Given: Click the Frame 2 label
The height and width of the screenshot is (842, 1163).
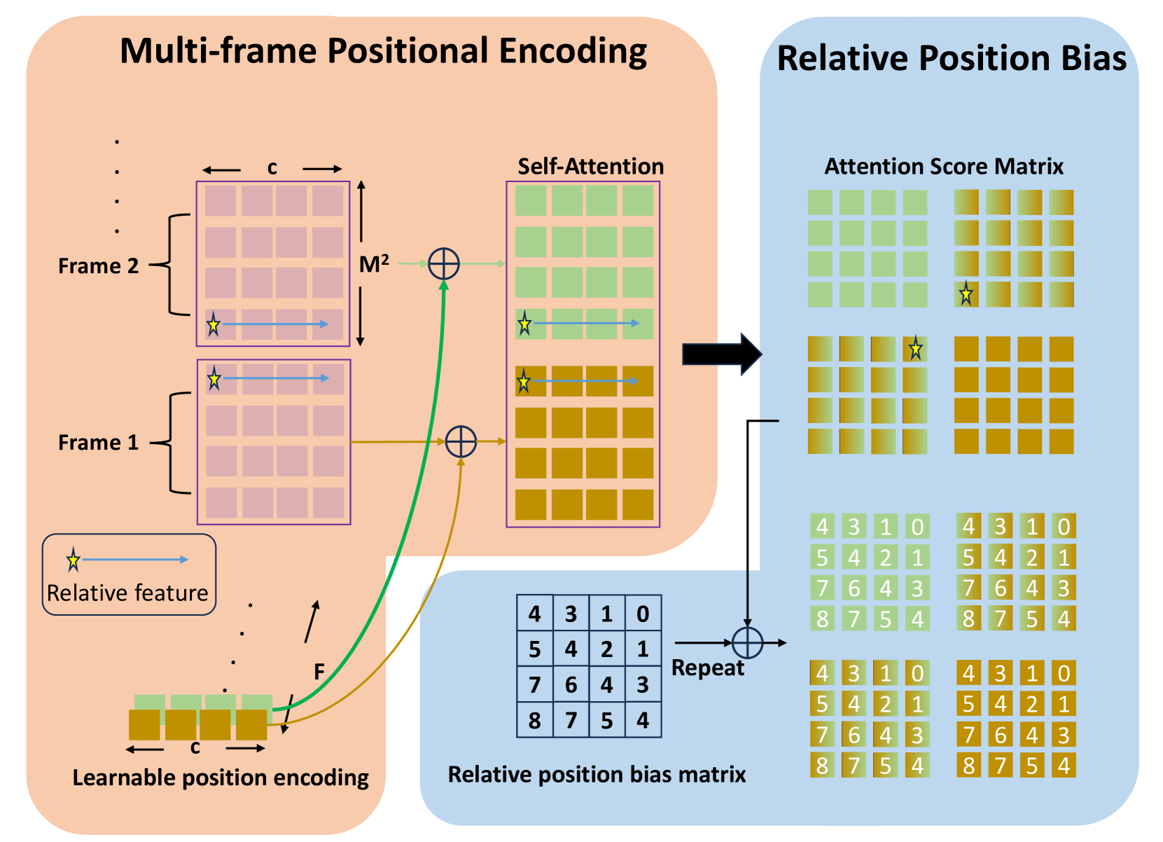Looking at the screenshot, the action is pos(98,266).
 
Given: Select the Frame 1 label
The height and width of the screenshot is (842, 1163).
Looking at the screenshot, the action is pos(98,443).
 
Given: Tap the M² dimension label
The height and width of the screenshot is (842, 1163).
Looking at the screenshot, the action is pos(374,264).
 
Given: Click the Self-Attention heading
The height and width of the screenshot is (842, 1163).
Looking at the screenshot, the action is pos(590,167).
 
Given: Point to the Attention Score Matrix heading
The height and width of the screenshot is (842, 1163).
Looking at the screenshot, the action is pos(943,167).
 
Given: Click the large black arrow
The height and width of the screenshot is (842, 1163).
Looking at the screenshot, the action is pos(722,354).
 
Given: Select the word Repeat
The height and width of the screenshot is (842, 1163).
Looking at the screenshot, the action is pos(707,668).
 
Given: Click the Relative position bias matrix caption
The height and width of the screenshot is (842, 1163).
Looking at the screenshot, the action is pos(597,775).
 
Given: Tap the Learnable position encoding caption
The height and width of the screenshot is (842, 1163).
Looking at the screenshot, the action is pos(221,778).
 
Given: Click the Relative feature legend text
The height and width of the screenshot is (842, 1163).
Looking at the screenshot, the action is pos(127,593).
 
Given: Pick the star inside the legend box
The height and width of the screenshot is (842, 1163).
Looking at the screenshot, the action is pos(74,560).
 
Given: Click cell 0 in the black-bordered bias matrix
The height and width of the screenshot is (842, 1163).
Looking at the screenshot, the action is pos(643,614).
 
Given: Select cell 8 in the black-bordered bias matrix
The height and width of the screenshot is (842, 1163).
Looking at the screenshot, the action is pos(535,720).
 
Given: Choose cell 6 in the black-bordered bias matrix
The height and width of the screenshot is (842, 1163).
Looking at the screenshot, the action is pos(571,685).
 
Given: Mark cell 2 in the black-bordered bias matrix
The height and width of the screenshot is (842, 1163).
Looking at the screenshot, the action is pos(607,649).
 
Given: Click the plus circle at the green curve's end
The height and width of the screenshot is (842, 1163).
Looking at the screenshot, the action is pos(443,264).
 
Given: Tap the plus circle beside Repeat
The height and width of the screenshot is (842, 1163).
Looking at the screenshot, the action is pos(747,643).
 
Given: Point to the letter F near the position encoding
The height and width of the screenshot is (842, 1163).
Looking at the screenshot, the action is pos(319,672).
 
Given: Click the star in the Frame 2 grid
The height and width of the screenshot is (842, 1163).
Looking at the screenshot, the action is pos(214,324).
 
